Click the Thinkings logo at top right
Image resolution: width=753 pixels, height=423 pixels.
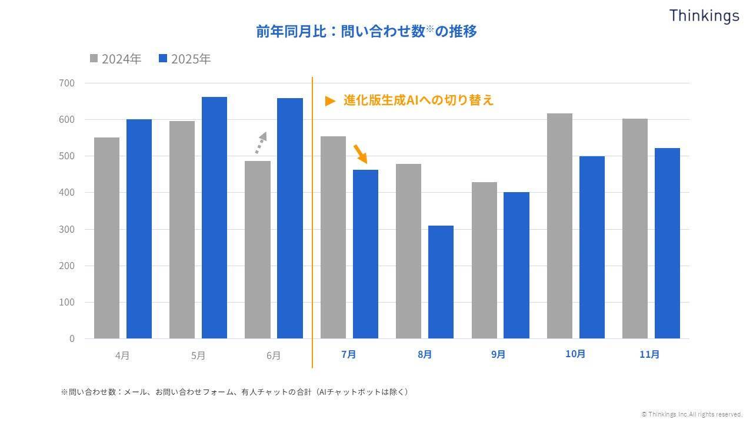pos(704,16)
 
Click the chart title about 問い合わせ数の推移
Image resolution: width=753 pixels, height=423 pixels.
pos(366,31)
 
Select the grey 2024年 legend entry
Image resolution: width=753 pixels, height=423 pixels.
pos(115,59)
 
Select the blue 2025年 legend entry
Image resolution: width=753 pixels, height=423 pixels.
pos(185,59)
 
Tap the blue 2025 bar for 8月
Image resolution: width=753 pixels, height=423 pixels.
pos(441,282)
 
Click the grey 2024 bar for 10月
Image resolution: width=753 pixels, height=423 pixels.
pos(559,226)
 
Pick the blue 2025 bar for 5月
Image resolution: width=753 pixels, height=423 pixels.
pos(214,217)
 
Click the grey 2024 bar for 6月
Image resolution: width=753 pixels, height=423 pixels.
pos(257,250)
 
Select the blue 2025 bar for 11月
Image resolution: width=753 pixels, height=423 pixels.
pos(667,243)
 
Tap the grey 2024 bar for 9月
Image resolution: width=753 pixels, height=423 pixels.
pos(484,260)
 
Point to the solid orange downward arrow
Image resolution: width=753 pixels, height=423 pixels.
pos(360,153)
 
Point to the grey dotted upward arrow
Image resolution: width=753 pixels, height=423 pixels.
pos(261,143)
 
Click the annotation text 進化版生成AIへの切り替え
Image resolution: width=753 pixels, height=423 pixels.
pos(418,100)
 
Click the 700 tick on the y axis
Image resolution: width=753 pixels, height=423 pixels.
pos(67,83)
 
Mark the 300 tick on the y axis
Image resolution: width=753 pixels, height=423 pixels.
pos(67,229)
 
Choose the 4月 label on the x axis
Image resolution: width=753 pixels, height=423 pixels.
pos(122,355)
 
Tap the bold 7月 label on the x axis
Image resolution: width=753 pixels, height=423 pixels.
pos(349,354)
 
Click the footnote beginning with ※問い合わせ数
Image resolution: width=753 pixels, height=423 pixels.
pos(234,392)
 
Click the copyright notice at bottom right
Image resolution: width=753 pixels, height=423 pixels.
pos(692,414)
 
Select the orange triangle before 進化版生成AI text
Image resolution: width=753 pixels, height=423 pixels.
pos(330,101)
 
